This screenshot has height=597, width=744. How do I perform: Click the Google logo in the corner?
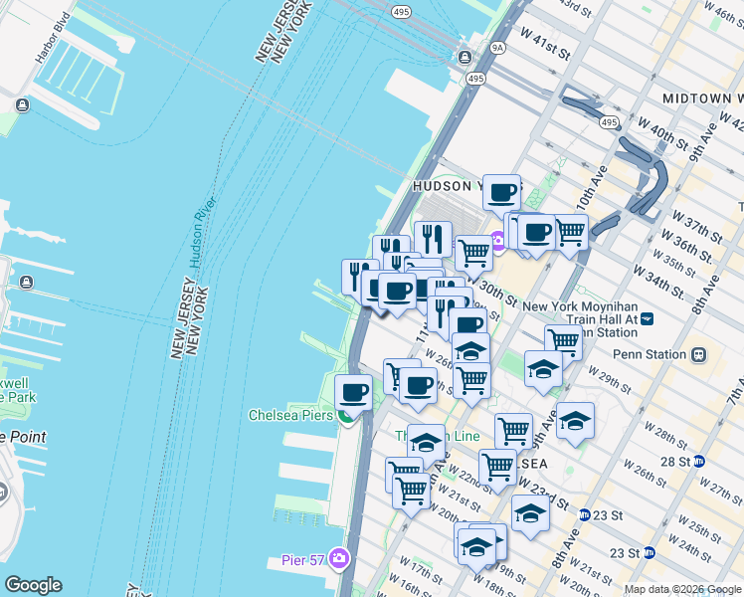33,585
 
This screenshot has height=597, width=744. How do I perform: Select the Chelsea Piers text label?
289,415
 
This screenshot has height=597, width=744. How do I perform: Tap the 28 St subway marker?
699,462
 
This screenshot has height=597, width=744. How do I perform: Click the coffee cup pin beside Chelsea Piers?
353,391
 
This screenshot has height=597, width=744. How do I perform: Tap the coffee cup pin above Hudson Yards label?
501,191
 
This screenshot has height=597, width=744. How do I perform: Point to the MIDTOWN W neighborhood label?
702,99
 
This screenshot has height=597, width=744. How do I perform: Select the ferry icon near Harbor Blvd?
22,104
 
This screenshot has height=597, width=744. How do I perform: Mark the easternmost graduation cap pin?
575,419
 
